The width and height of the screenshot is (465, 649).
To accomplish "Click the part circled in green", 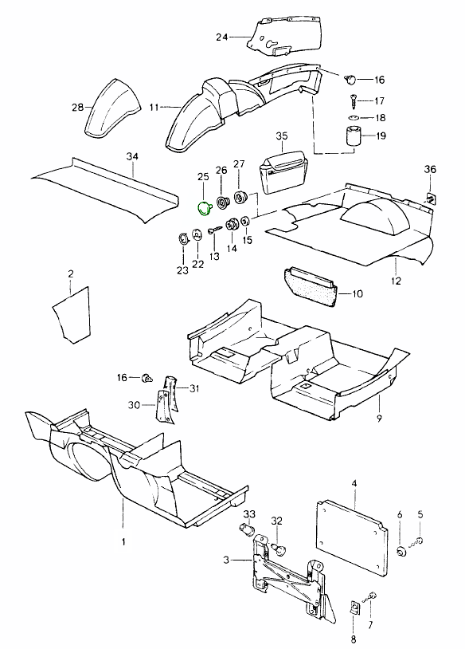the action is click(205, 208).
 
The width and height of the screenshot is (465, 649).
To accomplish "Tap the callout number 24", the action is click(222, 37).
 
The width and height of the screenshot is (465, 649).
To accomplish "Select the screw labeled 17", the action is click(353, 100).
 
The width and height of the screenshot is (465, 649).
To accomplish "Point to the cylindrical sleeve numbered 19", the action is click(353, 136).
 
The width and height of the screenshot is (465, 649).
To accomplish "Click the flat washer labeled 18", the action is click(353, 117).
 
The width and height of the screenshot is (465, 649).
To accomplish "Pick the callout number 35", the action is click(282, 136).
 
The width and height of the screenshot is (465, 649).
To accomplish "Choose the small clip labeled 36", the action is click(430, 199).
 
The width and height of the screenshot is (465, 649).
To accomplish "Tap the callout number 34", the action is click(132, 156).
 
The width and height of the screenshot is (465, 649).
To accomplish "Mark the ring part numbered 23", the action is click(182, 238).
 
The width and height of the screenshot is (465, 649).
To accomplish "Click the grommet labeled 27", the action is click(240, 197).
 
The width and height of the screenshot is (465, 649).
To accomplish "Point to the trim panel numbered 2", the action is click(72, 316).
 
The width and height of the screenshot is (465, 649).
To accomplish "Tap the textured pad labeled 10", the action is click(314, 286).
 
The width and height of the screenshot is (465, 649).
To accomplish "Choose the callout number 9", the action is click(380, 419).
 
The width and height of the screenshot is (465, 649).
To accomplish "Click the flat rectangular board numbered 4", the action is click(351, 539).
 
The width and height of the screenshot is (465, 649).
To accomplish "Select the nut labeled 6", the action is click(400, 551).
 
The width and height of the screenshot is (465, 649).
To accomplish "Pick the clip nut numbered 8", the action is click(354, 608).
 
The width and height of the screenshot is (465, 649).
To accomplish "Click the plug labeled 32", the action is click(280, 549).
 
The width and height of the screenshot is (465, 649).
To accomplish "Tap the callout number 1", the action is click(123, 541).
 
